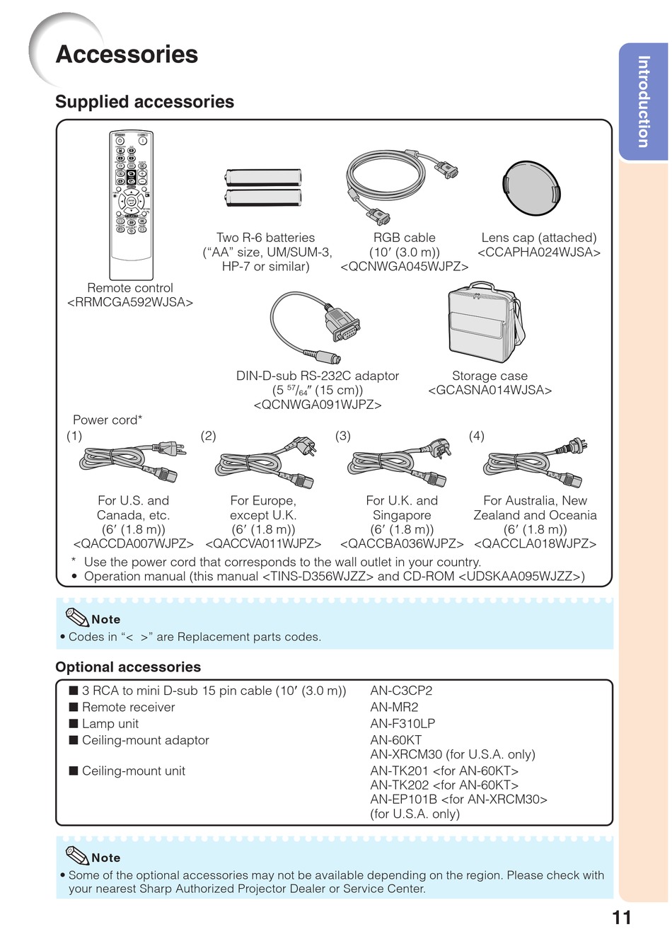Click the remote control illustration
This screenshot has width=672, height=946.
pyautogui.click(x=131, y=205)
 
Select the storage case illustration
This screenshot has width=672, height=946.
pyautogui.click(x=487, y=323)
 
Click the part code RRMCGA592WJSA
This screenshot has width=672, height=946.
pyautogui.click(x=130, y=303)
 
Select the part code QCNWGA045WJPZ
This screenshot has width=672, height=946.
pyautogui.click(x=405, y=267)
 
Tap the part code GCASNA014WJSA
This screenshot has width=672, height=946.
pyautogui.click(x=489, y=390)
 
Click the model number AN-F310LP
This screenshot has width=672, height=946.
pyautogui.click(x=402, y=724)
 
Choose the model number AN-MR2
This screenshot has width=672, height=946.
pyautogui.click(x=394, y=707)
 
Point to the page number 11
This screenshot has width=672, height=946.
pyautogui.click(x=622, y=918)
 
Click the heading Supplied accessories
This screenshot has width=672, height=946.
pyautogui.click(x=144, y=102)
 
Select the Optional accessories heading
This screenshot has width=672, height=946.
pyautogui.click(x=128, y=667)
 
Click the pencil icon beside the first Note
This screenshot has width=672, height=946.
pyautogui.click(x=76, y=617)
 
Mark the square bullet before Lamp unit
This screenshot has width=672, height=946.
pyautogui.click(x=73, y=724)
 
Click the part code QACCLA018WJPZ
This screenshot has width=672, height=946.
pyautogui.click(x=535, y=544)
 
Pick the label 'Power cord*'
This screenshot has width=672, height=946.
pyautogui.click(x=108, y=420)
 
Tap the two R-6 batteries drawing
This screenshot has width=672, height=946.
pyautogui.click(x=263, y=187)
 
